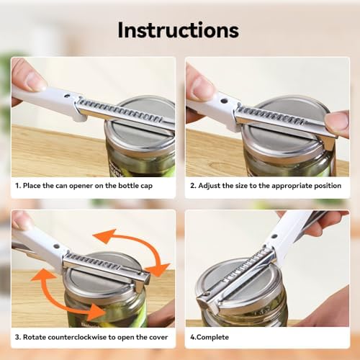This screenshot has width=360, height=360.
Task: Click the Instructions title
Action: point(179,30)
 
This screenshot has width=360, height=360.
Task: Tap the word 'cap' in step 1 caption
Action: point(147,186)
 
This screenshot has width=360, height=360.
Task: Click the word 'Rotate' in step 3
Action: point(34,337)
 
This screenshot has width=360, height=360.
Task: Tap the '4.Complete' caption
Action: point(210,337)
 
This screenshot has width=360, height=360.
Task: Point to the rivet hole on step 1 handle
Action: point(67,96)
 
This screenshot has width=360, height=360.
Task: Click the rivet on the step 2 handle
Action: point(224,101)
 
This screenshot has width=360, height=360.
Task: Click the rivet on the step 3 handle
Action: point(57,246)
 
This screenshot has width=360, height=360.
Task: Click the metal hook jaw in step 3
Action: point(142,283)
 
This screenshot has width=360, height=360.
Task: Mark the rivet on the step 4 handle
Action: point(274,237)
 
